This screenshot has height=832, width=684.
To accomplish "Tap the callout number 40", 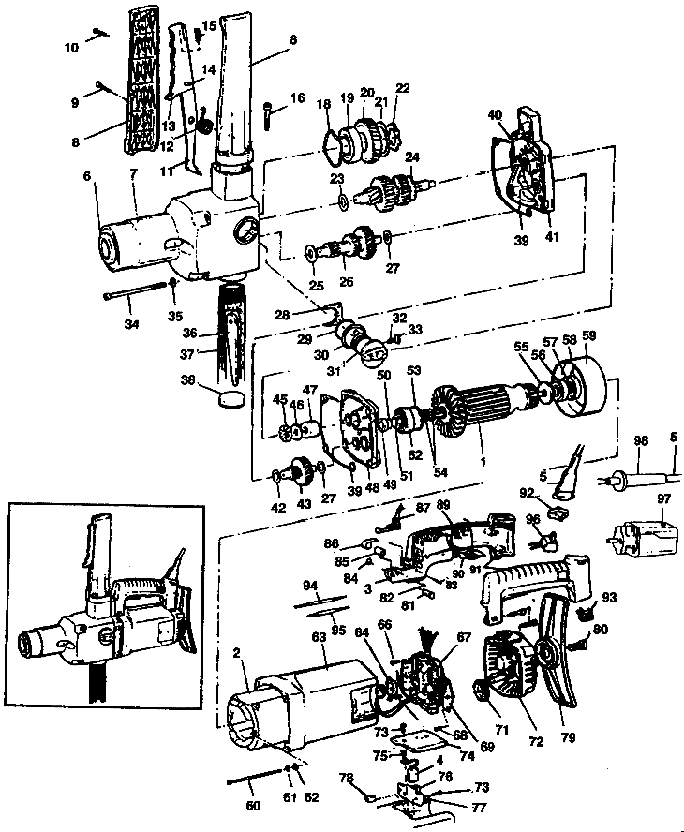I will coord(496,115).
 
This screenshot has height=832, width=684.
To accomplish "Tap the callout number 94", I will coord(310,585).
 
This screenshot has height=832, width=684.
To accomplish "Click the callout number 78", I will coord(345,777).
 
